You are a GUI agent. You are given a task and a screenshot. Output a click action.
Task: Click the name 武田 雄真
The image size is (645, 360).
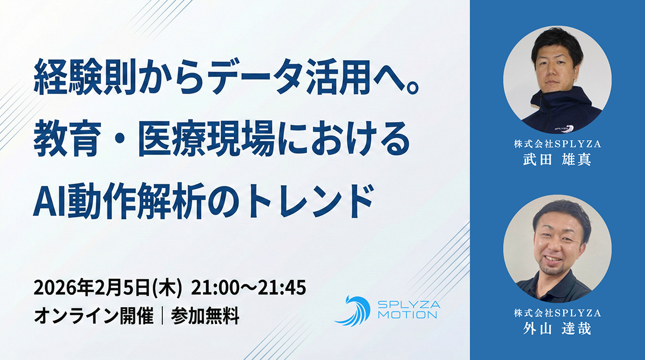coord(557,160)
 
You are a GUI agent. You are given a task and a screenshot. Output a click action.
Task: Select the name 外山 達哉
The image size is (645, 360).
coord(557,328)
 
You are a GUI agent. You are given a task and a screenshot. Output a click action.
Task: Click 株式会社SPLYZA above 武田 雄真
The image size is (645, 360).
coord(557,144)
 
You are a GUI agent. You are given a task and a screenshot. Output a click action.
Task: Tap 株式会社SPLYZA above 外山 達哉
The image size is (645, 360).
coord(557,313)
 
